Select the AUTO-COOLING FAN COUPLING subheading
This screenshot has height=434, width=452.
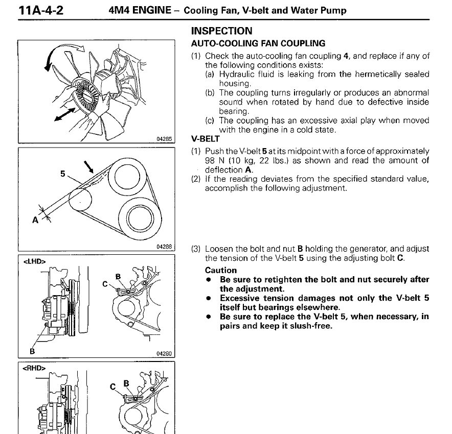pos(258,43)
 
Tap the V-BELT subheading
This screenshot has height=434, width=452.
pos(205,138)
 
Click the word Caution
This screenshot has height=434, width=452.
pos(221,270)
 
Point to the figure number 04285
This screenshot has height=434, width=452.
pos(166,138)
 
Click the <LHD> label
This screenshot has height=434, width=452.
pos(35,261)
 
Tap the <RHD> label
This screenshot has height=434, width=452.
pos(35,367)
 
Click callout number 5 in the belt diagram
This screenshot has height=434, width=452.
pos(63,174)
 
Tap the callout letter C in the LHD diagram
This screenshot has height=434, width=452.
pos(106,284)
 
